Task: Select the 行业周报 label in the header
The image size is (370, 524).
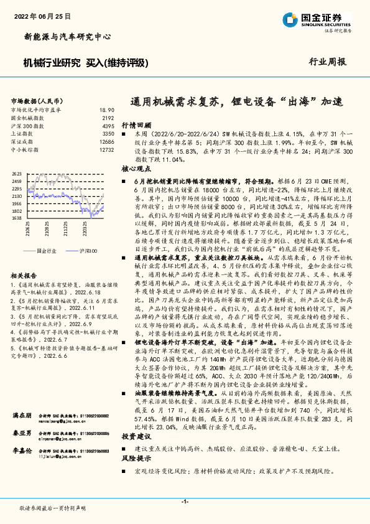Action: pos(327,62)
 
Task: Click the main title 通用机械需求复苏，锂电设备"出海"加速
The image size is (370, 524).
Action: pos(237,101)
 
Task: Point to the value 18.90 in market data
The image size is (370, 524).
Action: pos(106,110)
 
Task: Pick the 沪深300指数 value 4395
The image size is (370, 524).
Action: pos(108,126)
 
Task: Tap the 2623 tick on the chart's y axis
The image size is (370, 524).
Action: pos(17,174)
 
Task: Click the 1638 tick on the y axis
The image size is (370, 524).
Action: pos(17,218)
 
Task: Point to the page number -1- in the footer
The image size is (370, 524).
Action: pos(185,502)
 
